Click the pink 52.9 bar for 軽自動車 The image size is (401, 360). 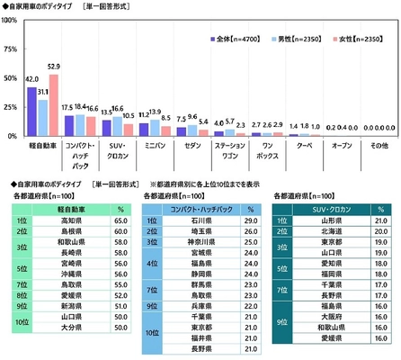pyautogui.click(x=54, y=104)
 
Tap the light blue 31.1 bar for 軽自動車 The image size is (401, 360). pyautogui.click(x=43, y=117)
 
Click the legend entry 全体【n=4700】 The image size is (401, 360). pyautogui.click(x=238, y=40)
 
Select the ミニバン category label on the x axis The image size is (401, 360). pyautogui.click(x=155, y=144)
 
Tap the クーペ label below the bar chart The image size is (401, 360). pyautogui.click(x=305, y=144)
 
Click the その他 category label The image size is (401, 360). pyautogui.click(x=379, y=144)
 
